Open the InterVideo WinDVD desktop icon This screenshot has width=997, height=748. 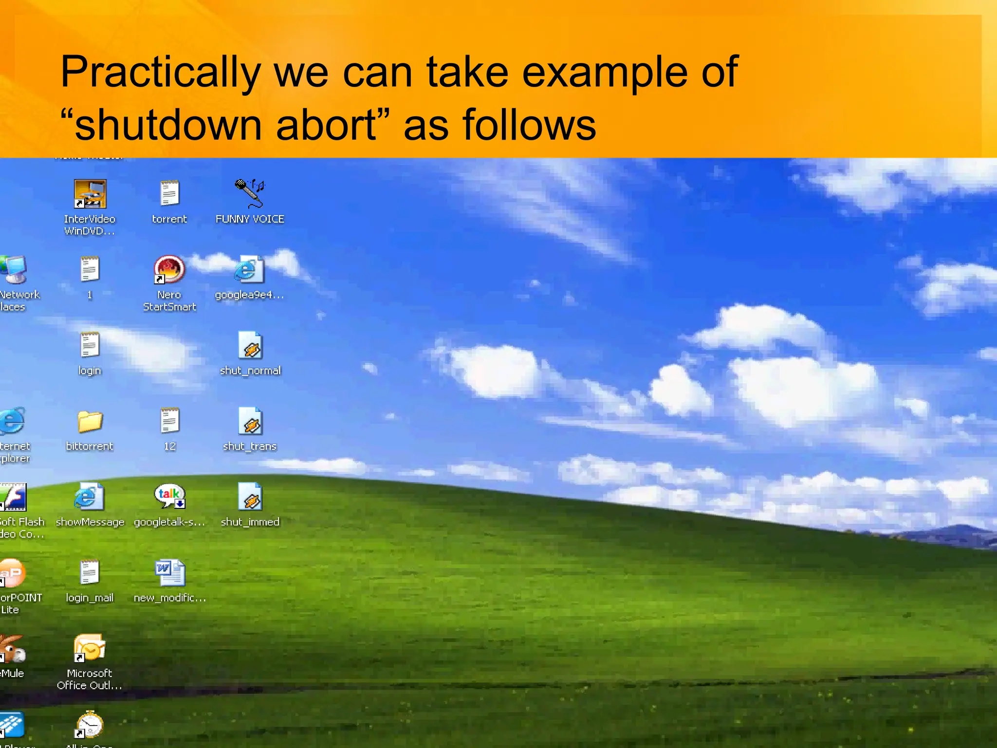(x=90, y=194)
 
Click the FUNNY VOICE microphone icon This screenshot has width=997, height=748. (x=249, y=193)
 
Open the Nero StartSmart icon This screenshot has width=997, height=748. (x=169, y=269)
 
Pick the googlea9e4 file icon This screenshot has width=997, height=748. (x=249, y=269)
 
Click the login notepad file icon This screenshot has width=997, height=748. (x=90, y=345)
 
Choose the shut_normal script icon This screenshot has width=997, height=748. (x=250, y=345)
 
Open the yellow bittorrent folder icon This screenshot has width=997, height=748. (x=90, y=421)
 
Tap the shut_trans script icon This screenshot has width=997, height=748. (x=250, y=421)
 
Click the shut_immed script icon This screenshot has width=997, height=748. (x=250, y=497)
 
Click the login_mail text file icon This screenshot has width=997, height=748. (x=90, y=572)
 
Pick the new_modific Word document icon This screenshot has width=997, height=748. (x=170, y=573)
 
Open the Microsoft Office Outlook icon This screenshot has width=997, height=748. (x=90, y=648)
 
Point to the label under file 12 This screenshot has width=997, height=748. (x=170, y=447)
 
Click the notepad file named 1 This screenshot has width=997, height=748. (x=90, y=269)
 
